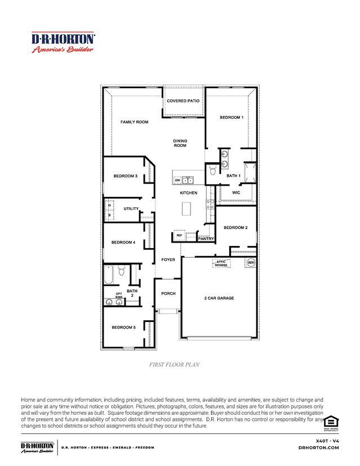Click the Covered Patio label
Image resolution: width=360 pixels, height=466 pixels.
click(x=184, y=101)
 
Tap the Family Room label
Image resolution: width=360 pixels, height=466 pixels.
click(x=134, y=122)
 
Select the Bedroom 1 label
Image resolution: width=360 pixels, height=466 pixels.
click(x=231, y=118)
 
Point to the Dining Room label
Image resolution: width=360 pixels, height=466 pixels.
click(x=180, y=143)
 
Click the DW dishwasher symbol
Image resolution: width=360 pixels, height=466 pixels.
click(x=177, y=181)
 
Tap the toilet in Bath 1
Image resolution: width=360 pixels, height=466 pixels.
click(x=213, y=169)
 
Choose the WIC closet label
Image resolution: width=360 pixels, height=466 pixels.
click(x=236, y=192)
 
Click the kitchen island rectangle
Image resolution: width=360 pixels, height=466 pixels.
click(x=186, y=210)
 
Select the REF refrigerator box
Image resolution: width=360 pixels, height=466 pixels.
click(x=179, y=235)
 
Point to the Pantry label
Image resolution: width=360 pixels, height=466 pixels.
click(x=206, y=239)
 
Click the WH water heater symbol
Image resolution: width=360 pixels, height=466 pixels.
click(x=251, y=263)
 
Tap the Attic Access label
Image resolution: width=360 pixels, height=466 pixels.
click(x=221, y=263)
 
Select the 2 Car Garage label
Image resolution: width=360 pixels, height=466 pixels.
click(x=219, y=298)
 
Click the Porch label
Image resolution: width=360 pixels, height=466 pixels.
click(x=168, y=294)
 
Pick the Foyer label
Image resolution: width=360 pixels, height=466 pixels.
click(x=168, y=260)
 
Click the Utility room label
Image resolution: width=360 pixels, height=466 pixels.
click(x=131, y=209)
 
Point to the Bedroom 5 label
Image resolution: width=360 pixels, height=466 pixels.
click(x=123, y=328)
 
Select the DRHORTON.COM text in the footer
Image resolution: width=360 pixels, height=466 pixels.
click(x=318, y=447)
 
